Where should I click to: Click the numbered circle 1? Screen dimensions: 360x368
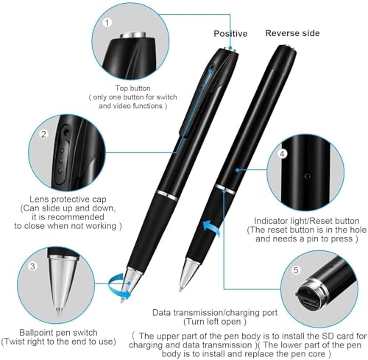[107, 22]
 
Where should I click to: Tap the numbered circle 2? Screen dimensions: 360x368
[43, 134]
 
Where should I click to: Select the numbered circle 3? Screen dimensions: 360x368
[32, 266]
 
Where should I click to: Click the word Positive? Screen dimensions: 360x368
[230, 33]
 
